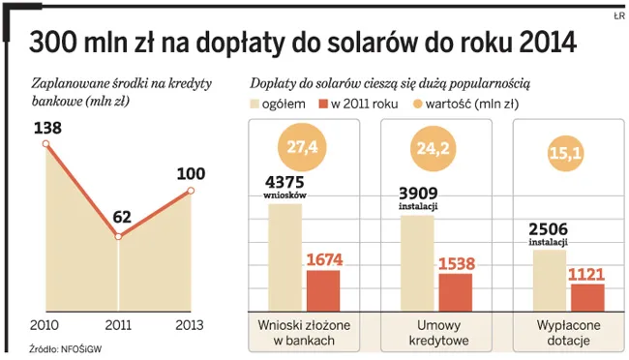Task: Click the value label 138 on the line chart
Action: coord(46,127)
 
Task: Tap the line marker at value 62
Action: coord(118,237)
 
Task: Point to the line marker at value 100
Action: coord(192,191)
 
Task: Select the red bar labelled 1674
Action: coord(322,288)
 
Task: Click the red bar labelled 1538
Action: coord(455,291)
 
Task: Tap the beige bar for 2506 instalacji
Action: coord(549,280)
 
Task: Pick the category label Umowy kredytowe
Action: coord(434,333)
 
